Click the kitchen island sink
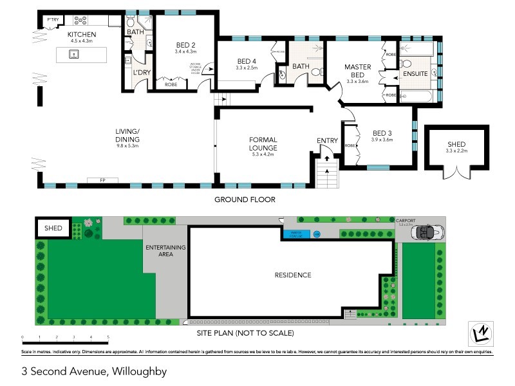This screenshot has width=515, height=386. coord(75,55)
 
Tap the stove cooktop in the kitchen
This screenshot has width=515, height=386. coord(82,21)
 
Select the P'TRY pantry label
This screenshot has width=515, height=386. coord(51,21)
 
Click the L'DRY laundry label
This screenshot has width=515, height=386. coord(141,73)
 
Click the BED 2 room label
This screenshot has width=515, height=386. coord(186,44)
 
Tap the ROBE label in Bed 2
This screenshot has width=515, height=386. coord(171,85)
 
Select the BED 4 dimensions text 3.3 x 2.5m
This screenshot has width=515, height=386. coord(247,68)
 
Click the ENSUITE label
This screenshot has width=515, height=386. coord(416,74)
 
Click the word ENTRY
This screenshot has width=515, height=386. coord(327,141)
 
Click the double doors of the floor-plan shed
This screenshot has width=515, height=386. coord(456,172)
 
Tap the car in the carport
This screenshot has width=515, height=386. coord(426,233)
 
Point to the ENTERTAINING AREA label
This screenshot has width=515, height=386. coord(165,251)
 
